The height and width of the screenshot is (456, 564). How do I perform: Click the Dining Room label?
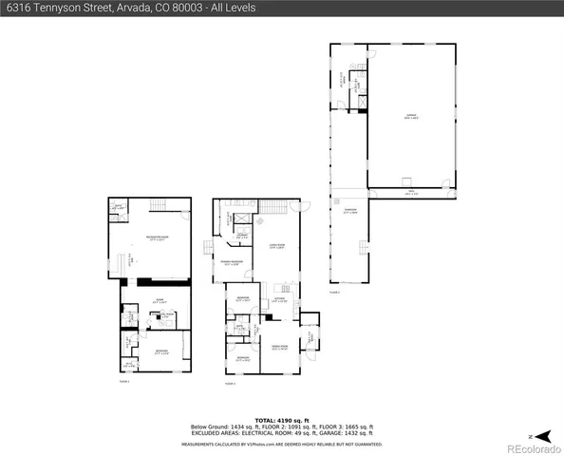280,349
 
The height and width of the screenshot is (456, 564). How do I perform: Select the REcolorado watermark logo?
534,446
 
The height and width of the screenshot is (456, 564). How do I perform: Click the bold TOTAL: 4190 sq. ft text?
282,419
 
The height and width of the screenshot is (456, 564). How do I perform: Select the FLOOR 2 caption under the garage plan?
334,293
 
